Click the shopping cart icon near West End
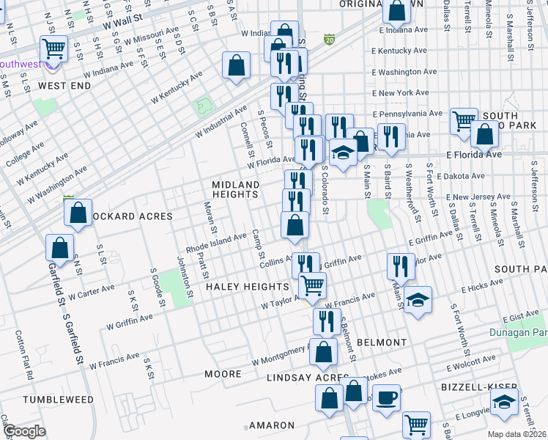[54, 49]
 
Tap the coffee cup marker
[387, 398]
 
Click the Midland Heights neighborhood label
[235, 189]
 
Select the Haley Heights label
[247, 286]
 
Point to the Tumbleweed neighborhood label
[58, 400]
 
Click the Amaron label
[271, 425]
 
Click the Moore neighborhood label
[223, 374]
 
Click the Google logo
[24, 431]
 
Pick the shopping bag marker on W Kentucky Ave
[237, 65]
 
